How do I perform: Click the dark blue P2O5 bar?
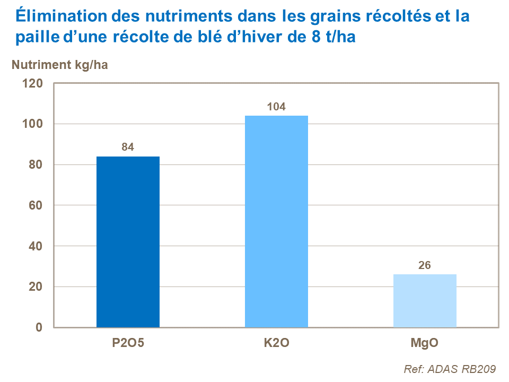pyautogui.click(x=128, y=242)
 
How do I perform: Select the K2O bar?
pyautogui.click(x=276, y=221)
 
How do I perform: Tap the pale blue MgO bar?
pyautogui.click(x=425, y=301)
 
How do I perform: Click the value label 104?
pyautogui.click(x=276, y=107)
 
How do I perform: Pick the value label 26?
pyautogui.click(x=425, y=265)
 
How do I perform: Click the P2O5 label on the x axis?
pyautogui.click(x=128, y=343)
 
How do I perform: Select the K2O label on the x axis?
pyautogui.click(x=276, y=343)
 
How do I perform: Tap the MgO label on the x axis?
pyautogui.click(x=425, y=343)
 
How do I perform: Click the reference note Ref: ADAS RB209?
pyautogui.click(x=450, y=369)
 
